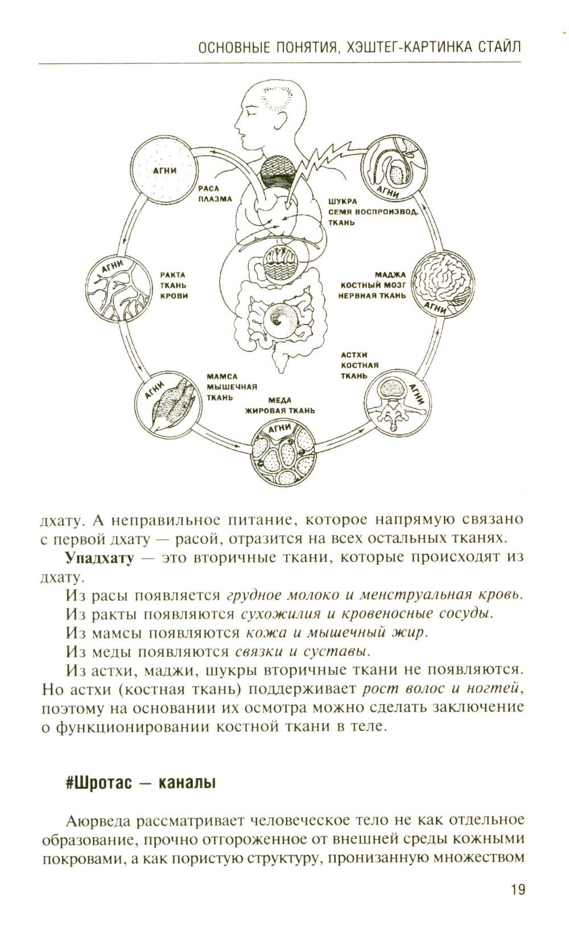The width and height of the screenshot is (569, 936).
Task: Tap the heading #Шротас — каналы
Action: tap(141, 783)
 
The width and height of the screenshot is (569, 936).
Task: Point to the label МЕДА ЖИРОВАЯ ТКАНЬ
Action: tap(280, 406)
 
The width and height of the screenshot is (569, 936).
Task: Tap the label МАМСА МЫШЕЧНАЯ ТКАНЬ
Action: tap(230, 386)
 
